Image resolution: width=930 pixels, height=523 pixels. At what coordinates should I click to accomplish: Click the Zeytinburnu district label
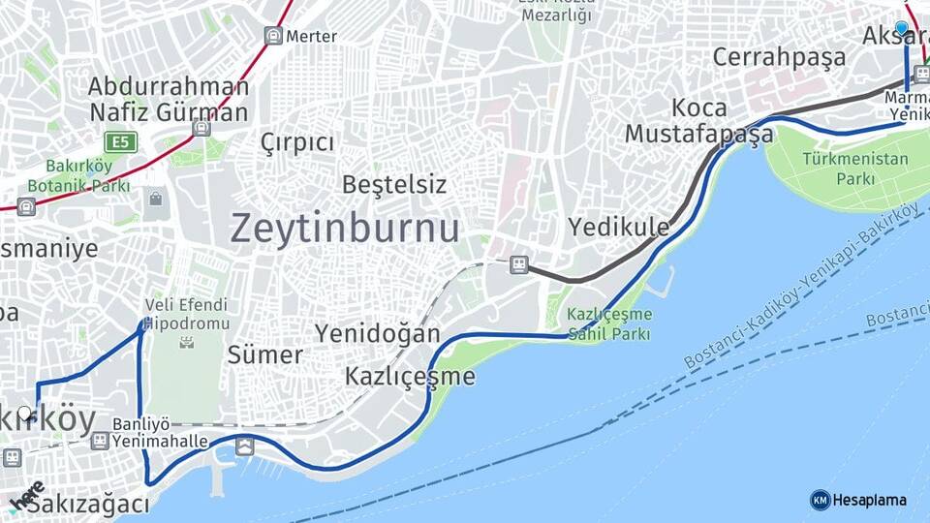(x=345, y=229)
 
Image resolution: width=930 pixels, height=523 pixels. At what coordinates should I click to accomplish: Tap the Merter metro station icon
(x=274, y=36)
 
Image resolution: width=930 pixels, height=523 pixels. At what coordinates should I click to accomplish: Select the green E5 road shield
(x=121, y=143)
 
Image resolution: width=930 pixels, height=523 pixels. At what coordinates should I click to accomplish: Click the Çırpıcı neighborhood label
(x=297, y=143)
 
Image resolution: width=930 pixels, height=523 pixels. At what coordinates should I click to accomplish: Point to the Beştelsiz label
(x=394, y=184)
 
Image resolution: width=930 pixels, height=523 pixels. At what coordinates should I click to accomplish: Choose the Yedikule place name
(x=618, y=228)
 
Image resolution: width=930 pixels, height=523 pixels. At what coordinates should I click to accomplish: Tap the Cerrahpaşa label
(x=779, y=57)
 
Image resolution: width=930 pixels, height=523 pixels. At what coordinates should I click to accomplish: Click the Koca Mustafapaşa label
(x=698, y=121)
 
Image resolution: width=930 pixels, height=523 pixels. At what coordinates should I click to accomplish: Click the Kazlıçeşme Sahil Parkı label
(x=609, y=324)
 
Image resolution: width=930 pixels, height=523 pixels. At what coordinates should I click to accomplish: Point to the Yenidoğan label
(x=377, y=334)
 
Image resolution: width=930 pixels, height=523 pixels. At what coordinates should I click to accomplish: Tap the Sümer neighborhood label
(x=264, y=354)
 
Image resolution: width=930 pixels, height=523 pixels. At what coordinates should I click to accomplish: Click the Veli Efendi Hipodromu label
(x=187, y=314)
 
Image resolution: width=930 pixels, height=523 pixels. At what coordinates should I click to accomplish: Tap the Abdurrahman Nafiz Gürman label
(x=169, y=99)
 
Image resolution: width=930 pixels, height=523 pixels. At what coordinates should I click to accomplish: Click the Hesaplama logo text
(x=869, y=500)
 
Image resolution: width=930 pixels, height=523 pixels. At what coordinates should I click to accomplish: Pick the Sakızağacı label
(x=88, y=505)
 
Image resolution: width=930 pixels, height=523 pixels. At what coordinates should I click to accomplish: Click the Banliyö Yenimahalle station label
(x=160, y=433)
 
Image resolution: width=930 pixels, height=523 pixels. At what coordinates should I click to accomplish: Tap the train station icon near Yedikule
(x=519, y=264)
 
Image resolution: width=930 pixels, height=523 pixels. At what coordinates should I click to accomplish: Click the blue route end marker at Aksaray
(x=902, y=28)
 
